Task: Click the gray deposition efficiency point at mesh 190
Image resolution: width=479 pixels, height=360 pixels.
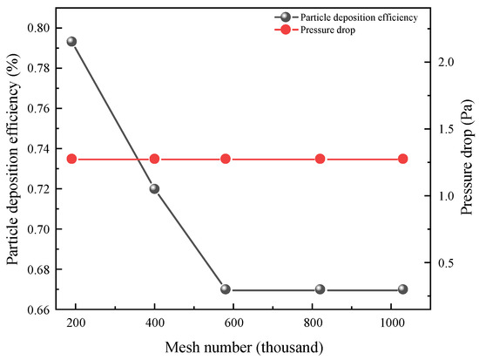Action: pyautogui.click(x=71, y=42)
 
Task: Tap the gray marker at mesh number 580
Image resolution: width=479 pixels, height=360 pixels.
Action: pyautogui.click(x=226, y=289)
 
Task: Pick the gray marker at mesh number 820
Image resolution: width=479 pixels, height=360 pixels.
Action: pyautogui.click(x=320, y=289)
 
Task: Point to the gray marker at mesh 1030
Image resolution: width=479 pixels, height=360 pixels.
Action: pyautogui.click(x=403, y=289)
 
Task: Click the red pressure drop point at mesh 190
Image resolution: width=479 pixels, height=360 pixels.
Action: pyautogui.click(x=71, y=159)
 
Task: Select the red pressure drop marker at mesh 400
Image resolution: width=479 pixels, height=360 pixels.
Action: pyautogui.click(x=154, y=159)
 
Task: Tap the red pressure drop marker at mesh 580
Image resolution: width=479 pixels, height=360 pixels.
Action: pyautogui.click(x=226, y=159)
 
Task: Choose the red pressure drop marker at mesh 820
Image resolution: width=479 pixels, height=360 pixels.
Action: pyautogui.click(x=320, y=159)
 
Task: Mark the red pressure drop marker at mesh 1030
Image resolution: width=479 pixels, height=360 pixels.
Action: pyautogui.click(x=403, y=159)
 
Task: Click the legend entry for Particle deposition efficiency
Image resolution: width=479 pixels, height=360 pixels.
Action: pyautogui.click(x=356, y=17)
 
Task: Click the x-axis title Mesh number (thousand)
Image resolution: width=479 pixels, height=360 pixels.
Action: pyautogui.click(x=238, y=347)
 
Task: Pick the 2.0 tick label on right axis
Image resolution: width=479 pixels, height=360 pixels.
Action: pyautogui.click(x=446, y=63)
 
